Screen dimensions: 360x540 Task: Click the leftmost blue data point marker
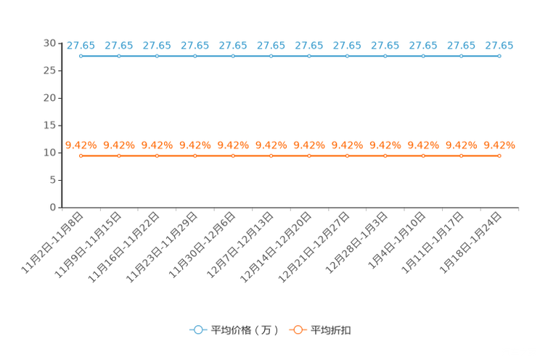coord(81,56)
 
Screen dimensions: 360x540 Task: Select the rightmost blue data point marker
coord(499,56)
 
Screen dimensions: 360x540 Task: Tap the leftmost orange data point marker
coord(81,155)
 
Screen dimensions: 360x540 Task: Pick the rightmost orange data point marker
coord(499,155)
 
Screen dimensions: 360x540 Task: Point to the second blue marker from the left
coord(119,56)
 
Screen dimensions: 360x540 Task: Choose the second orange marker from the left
coord(119,155)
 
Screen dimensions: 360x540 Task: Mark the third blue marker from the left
coord(157,56)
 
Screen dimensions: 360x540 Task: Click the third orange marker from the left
coord(157,155)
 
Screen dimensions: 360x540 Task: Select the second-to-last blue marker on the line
coord(461,56)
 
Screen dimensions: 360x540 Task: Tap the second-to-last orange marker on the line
coord(461,155)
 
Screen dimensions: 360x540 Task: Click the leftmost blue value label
coord(81,46)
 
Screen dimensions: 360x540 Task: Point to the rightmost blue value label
coord(499,46)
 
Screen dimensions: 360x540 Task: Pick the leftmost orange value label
coord(81,145)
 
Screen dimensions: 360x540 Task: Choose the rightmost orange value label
coord(499,145)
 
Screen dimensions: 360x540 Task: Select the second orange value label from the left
coord(119,145)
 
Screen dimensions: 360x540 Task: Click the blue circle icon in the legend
coord(197,330)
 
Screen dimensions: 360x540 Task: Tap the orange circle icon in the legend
coord(297,330)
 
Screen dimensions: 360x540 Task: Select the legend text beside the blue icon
coord(245,330)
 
